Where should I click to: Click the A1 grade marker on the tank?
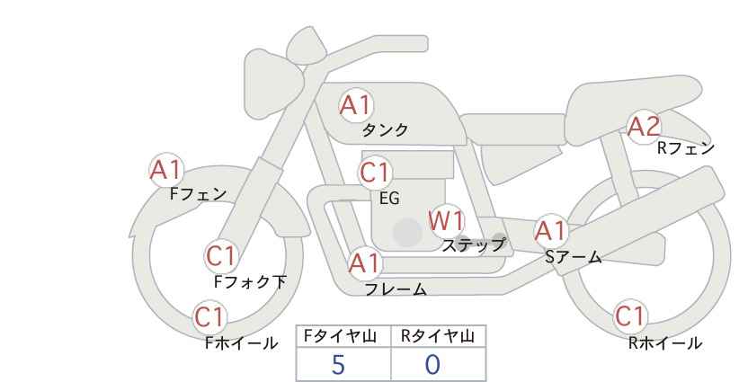356,105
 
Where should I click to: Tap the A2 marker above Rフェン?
645,127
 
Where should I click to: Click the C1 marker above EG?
376,173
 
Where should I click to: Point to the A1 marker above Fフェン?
166,170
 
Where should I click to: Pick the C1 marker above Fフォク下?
221,257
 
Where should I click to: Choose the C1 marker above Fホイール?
209,317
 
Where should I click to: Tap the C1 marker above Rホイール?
630,316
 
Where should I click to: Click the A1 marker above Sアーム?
551,231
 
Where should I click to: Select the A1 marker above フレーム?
365,263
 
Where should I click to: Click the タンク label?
385,130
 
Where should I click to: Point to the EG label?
390,199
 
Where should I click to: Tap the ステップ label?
473,245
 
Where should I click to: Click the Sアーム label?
573,257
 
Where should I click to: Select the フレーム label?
396,289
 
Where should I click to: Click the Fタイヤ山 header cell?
343,336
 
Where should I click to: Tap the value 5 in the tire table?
338,365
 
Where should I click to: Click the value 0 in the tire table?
432,365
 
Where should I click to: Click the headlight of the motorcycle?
272,84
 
